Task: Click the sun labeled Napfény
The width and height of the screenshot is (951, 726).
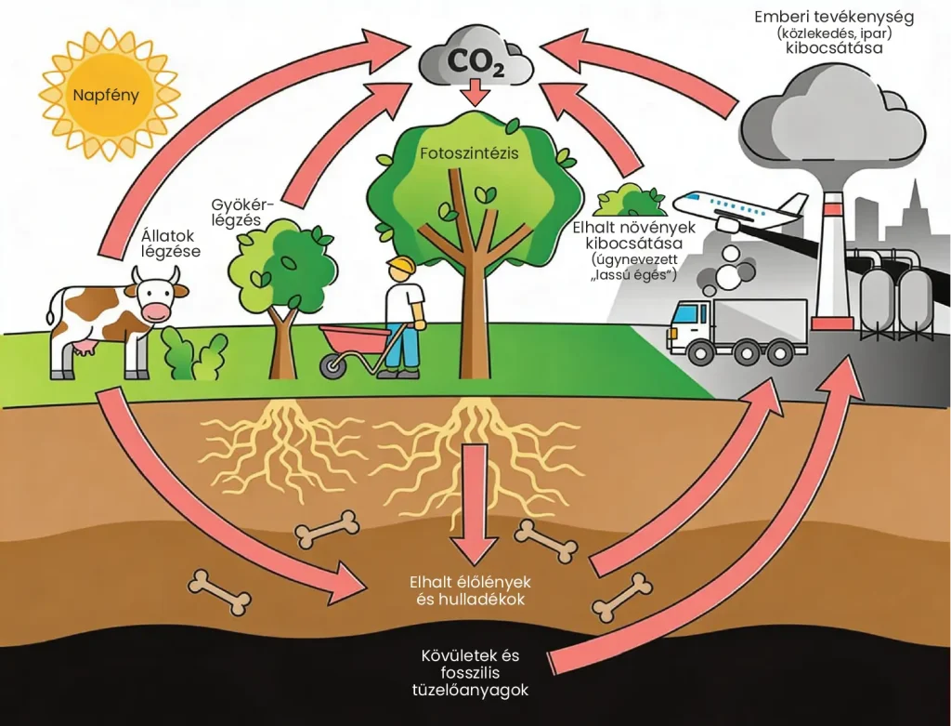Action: (x=109, y=94)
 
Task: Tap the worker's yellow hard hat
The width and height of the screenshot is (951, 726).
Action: (x=400, y=267)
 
